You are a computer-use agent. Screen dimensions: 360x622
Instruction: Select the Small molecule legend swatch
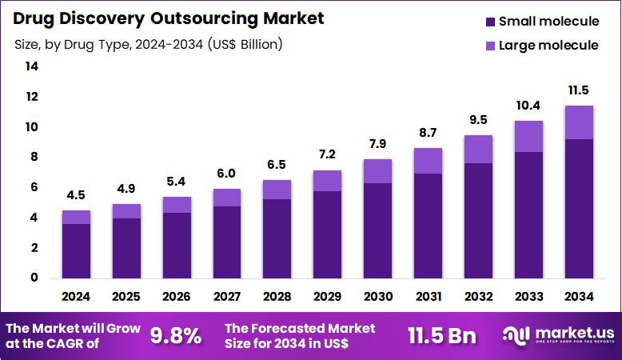click(488, 22)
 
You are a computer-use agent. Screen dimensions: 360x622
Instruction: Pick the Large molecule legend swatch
click(488, 46)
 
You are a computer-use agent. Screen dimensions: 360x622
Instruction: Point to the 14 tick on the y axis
click(32, 67)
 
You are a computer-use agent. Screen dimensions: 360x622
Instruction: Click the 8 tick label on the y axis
click(34, 158)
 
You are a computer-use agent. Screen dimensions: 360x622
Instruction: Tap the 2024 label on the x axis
click(76, 296)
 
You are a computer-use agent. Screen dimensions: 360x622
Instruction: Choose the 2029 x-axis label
click(327, 296)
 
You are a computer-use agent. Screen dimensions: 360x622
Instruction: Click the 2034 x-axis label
click(578, 296)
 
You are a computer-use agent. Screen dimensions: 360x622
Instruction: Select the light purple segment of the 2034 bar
click(578, 122)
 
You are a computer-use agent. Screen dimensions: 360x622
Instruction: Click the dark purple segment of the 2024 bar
click(76, 250)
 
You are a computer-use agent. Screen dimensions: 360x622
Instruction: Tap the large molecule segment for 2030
click(377, 171)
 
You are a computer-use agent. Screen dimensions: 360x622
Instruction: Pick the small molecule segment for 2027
click(227, 242)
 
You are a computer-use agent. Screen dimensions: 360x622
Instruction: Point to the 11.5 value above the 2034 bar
click(578, 90)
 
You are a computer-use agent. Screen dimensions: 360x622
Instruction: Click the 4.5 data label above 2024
click(76, 196)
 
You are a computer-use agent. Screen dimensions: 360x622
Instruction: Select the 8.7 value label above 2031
click(428, 133)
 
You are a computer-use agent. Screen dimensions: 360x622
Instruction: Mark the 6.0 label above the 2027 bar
click(227, 174)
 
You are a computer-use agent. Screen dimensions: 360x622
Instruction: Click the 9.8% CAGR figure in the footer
click(176, 336)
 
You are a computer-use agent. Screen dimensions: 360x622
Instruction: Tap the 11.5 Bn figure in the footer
click(441, 336)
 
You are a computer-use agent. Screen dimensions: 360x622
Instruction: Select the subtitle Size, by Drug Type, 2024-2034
click(148, 45)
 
